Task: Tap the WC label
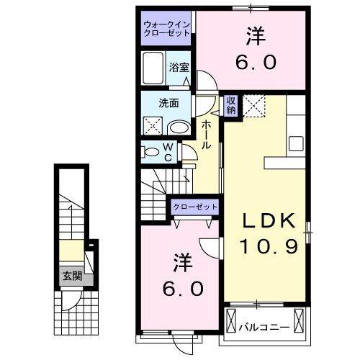(167, 153)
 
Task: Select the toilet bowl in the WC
(151, 153)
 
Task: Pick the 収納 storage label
(231, 106)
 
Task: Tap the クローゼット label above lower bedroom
(194, 207)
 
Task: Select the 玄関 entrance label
(70, 275)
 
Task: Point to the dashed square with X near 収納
(253, 107)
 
